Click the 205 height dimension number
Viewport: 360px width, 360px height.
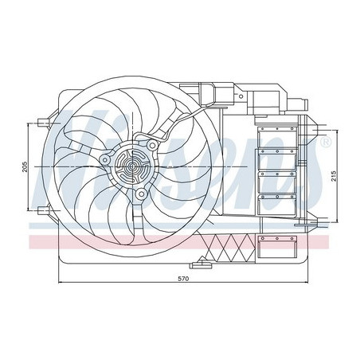(x=25, y=166)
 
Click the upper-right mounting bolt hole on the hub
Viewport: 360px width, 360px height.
(x=149, y=146)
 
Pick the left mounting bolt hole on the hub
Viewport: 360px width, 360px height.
(x=104, y=160)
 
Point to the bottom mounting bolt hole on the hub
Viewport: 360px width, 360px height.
(x=140, y=194)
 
